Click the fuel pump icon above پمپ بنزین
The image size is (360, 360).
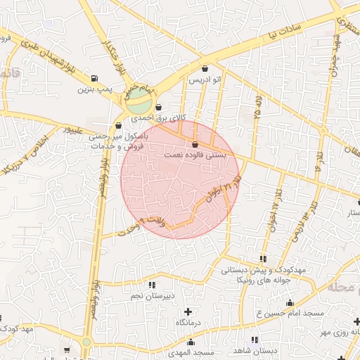(95, 79)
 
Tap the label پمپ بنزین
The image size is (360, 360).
(94, 89)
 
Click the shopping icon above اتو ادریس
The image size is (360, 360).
(205, 69)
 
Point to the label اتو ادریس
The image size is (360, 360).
(205, 80)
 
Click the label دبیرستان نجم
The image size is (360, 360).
(152, 296)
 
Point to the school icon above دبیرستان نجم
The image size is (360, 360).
(153, 285)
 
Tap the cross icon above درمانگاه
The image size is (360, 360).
(188, 311)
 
